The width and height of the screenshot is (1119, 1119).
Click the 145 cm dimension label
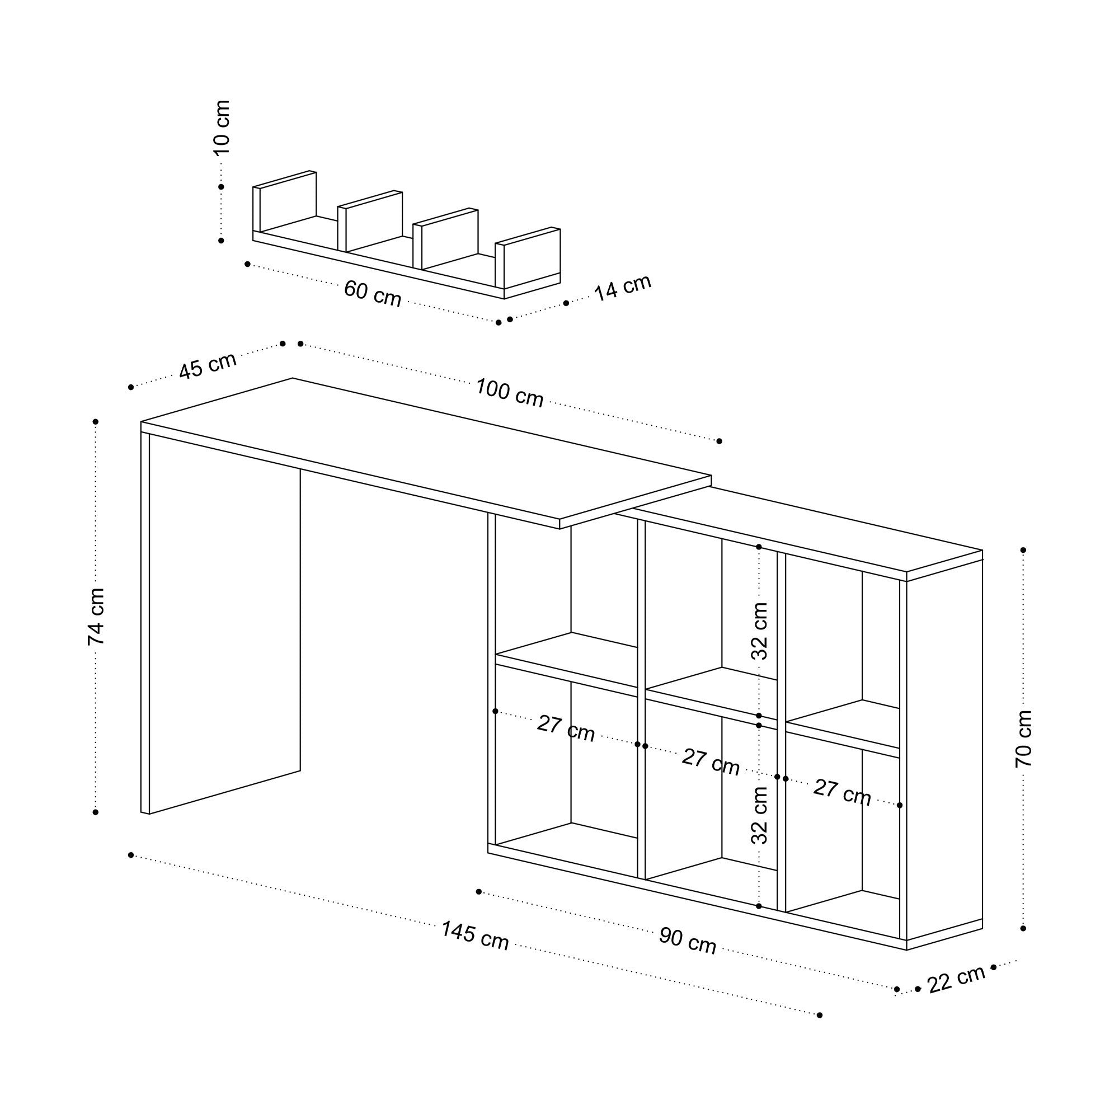pyautogui.click(x=475, y=935)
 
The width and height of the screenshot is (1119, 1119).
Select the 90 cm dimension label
pyautogui.click(x=688, y=941)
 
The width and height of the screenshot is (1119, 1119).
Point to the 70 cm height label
pyautogui.click(x=1024, y=739)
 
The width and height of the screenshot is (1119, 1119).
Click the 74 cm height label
pyautogui.click(x=96, y=616)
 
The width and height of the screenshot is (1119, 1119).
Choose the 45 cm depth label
pyautogui.click(x=208, y=365)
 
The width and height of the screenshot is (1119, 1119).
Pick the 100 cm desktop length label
pyautogui.click(x=509, y=393)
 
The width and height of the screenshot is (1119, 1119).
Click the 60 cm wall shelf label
pyautogui.click(x=373, y=293)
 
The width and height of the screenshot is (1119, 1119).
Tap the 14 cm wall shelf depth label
pyautogui.click(x=623, y=287)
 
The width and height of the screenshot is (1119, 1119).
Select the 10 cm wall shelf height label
pyautogui.click(x=222, y=128)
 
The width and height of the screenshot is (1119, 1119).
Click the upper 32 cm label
pyautogui.click(x=759, y=631)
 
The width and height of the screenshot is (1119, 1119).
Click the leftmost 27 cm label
pyautogui.click(x=566, y=728)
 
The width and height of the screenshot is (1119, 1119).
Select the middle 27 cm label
pyautogui.click(x=711, y=761)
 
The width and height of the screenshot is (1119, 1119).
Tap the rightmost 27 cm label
pyautogui.click(x=841, y=793)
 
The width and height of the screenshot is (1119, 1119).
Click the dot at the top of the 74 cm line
pyautogui.click(x=96, y=422)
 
